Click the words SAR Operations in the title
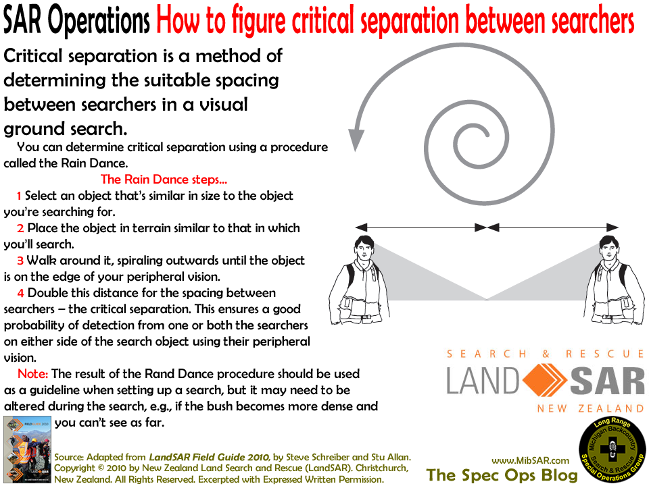pos(76,22)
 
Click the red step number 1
pos(19,196)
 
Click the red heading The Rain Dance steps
pos(164,180)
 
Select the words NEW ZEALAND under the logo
pos(590,408)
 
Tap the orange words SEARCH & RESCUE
pos(544,354)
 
